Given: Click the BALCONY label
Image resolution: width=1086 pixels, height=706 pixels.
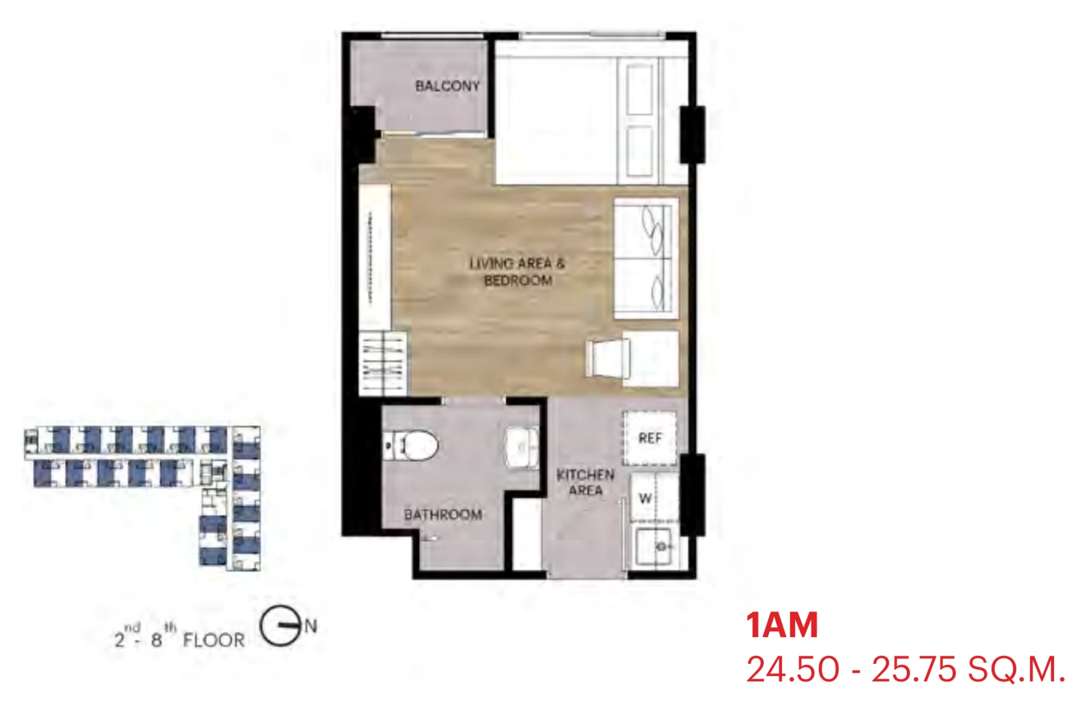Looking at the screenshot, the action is pos(447,86).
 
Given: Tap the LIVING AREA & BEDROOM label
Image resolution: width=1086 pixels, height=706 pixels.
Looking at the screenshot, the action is pos(518,272).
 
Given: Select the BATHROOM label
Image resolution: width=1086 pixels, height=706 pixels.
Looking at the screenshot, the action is pos(443,515).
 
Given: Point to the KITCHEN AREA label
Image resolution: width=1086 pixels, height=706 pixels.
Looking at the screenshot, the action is pos(585,482).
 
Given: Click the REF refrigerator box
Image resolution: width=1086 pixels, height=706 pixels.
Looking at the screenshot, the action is pos(650,438).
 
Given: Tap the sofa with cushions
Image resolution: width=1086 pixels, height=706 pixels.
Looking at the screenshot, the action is pos(646,258).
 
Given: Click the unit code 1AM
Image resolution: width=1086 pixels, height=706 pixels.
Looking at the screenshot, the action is pos(782,625).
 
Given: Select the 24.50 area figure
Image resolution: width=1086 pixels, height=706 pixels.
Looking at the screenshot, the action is pos(792,669).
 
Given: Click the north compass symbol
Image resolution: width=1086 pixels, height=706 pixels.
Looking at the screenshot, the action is pos(281,625).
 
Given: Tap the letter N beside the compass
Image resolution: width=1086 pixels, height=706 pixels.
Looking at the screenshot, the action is pos(311,626).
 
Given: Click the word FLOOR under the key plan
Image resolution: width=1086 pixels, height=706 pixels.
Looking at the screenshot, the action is pos(214,640).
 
